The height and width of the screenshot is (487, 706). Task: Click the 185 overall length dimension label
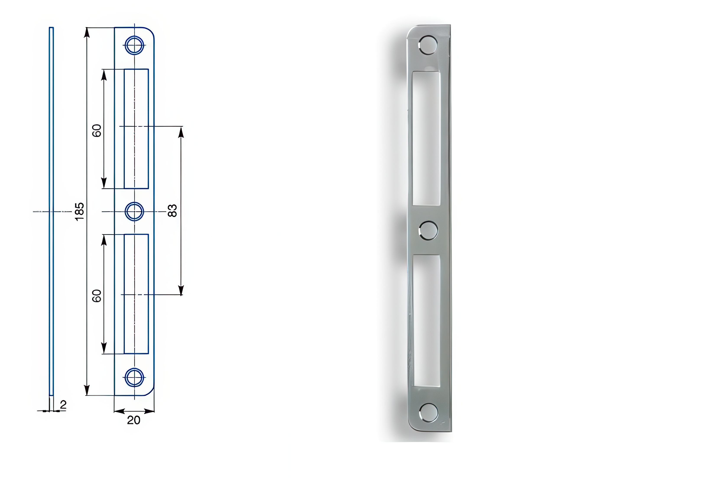click(x=79, y=211)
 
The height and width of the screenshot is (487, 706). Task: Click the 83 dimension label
click(x=172, y=211)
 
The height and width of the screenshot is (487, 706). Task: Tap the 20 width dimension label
click(x=134, y=420)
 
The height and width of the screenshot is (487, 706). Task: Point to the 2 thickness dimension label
click(x=63, y=405)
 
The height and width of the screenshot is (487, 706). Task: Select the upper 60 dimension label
click(x=97, y=131)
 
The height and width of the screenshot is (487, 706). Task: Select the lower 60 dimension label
click(x=97, y=296)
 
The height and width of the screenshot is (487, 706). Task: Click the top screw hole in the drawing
click(x=134, y=45)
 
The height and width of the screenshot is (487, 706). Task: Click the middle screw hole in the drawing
click(x=134, y=211)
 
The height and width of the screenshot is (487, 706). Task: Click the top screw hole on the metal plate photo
click(x=428, y=45)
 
